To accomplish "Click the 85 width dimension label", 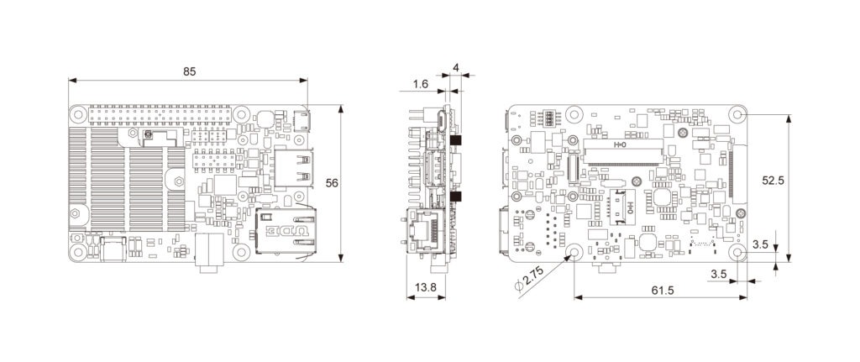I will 190,71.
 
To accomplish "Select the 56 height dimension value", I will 332,183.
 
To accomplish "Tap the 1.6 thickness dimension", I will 421,84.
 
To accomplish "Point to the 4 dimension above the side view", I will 455,66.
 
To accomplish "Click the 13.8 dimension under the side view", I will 425,287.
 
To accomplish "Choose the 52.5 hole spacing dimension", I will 773,180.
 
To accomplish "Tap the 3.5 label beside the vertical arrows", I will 761,244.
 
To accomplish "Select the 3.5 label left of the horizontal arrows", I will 718,274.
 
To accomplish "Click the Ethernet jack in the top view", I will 286,231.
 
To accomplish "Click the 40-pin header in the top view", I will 160,114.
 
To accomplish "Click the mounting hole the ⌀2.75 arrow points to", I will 576,253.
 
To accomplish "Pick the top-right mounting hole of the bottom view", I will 738,115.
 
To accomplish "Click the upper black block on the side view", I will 459,139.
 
